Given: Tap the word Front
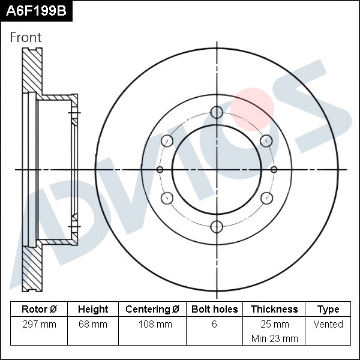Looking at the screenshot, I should tap(26, 37).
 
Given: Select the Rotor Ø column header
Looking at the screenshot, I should tap(39, 310).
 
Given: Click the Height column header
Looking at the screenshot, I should tap(93, 310).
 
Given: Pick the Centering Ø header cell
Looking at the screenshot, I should tap(152, 310).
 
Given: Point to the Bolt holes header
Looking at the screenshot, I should tap(214, 310).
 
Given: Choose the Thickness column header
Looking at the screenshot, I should tap(274, 310).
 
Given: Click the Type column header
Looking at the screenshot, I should tap(328, 310).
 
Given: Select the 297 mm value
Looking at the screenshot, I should tap(39, 325).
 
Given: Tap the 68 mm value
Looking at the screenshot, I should tap(93, 325).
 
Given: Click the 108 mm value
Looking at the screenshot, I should tap(152, 325).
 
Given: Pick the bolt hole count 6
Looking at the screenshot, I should tap(214, 325).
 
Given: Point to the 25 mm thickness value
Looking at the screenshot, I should tap(274, 325).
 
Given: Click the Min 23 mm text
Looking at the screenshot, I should tap(274, 338).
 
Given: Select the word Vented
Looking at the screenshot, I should tap(328, 325).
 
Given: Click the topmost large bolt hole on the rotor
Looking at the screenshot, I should tap(217, 113).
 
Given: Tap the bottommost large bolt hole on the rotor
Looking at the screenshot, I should tap(217, 226).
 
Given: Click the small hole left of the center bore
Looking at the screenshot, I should tap(160, 170).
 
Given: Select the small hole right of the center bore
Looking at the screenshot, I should tap(274, 170).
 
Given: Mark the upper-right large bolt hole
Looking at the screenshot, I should tap(266, 141).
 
